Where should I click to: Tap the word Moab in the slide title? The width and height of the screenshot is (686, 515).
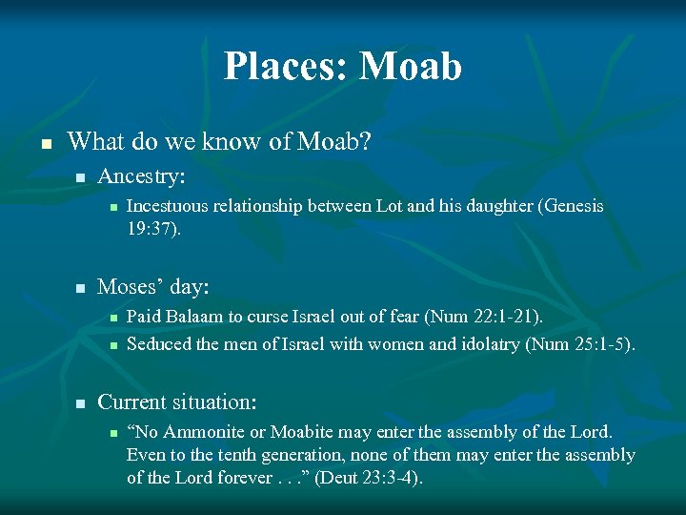[412, 67]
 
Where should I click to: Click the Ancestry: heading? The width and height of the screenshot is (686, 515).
[142, 176]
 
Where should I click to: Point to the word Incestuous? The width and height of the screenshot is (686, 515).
[170, 206]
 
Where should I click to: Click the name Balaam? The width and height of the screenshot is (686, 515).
[192, 316]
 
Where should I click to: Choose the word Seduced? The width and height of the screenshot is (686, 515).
[157, 343]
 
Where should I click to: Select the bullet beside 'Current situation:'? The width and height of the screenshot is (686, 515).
[81, 403]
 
